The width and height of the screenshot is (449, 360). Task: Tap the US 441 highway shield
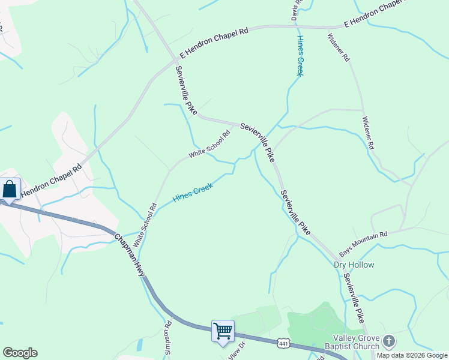pyautogui.click(x=284, y=343)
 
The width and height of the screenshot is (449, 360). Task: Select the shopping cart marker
pyautogui.click(x=223, y=331)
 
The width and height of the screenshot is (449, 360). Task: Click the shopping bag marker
pyautogui.click(x=10, y=190)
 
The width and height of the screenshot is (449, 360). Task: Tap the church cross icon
pyautogui.click(x=389, y=341)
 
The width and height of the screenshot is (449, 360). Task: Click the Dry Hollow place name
pyautogui.click(x=354, y=265)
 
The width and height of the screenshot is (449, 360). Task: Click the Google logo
pyautogui.click(x=20, y=353)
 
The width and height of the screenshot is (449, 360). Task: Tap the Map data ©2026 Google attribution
pyautogui.click(x=412, y=355)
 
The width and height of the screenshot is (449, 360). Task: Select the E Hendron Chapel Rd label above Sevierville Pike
pyautogui.click(x=214, y=43)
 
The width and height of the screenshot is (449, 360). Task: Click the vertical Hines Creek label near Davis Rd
pyautogui.click(x=300, y=55)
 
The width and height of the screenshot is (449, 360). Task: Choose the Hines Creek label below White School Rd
pyautogui.click(x=193, y=193)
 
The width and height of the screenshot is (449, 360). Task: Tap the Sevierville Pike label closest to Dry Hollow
pyautogui.click(x=354, y=298)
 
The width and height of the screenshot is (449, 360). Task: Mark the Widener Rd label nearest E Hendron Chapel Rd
pyautogui.click(x=338, y=47)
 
